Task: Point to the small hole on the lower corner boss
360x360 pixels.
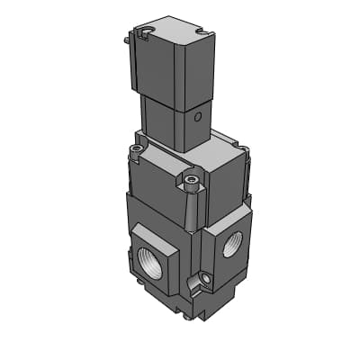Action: [206, 283]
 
